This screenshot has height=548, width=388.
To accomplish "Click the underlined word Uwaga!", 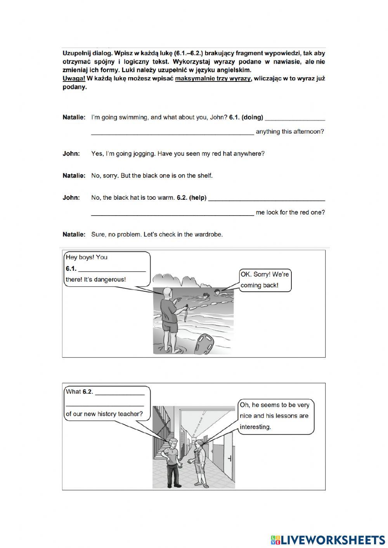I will [74, 78].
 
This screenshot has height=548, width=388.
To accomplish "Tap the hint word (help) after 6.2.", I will [197, 198].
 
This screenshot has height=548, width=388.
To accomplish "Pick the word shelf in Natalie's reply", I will [203, 176].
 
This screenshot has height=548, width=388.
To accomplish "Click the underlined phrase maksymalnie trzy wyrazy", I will [213, 78].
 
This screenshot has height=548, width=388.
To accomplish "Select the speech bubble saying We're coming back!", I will [265, 280].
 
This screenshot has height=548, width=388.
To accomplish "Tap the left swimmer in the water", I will [204, 297].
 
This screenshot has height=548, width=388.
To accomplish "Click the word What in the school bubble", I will [73, 392].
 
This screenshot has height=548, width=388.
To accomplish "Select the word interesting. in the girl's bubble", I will [255, 427].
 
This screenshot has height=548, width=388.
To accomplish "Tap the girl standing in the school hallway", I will [199, 462].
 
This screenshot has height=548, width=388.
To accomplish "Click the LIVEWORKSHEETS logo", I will [328, 540].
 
